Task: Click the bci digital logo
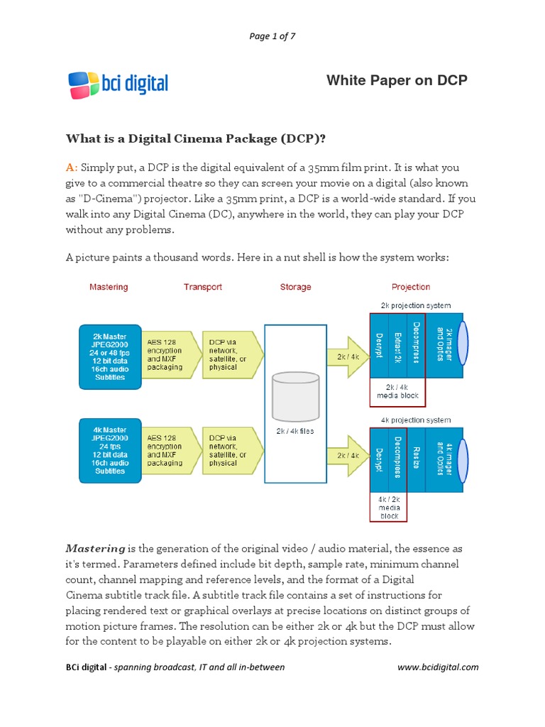pos(118,84)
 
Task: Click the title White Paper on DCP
pos(397,80)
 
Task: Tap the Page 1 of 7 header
pos(272,37)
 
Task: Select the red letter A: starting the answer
pos(71,168)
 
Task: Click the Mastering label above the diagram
pos(109,287)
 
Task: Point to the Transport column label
pos(203,287)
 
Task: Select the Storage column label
pos(295,287)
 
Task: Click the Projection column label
pos(411,287)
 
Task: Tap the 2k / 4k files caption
pos(295,431)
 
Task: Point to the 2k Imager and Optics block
pos(444,344)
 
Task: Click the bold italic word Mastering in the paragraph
pos(95,549)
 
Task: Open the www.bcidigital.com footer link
pos(438,667)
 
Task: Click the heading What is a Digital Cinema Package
pos(195,138)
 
